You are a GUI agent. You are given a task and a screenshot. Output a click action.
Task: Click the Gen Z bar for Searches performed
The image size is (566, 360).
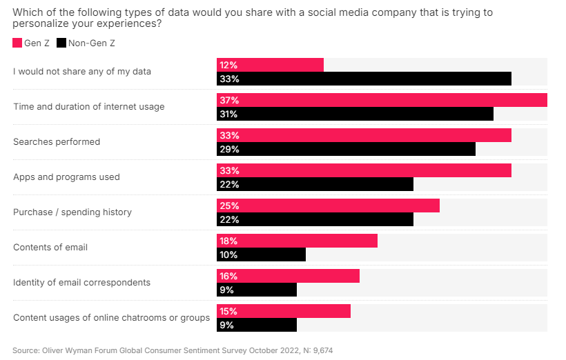[x=364, y=135]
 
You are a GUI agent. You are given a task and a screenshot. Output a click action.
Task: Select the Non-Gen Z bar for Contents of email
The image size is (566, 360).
[x=261, y=255]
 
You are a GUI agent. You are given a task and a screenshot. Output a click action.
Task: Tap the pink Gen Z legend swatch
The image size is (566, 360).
[x=17, y=43]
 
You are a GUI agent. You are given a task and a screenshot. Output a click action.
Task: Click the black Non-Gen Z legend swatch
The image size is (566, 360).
[x=61, y=43]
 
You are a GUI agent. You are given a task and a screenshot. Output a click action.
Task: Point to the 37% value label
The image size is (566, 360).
[x=229, y=100]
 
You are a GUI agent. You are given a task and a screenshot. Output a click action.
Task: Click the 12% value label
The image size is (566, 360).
[x=229, y=65]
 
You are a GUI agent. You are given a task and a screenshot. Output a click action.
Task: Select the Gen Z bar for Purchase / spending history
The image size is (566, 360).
[x=328, y=206]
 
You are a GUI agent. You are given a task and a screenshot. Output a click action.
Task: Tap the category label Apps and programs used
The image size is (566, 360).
[x=66, y=177]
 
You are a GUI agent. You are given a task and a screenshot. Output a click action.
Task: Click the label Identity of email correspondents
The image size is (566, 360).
[x=81, y=283]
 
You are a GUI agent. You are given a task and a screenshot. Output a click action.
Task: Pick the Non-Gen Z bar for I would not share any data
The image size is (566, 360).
[x=364, y=79]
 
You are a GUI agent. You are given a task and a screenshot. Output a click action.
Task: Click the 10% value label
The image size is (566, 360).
[x=229, y=255]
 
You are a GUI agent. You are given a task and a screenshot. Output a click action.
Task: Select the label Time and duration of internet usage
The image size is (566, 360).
[x=89, y=107]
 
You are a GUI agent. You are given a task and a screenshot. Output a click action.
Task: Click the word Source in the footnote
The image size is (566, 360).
[x=26, y=350]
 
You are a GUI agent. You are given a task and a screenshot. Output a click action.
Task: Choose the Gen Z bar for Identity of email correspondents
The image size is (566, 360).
[x=288, y=276]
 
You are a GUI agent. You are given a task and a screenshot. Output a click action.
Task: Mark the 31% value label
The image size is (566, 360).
[x=229, y=114]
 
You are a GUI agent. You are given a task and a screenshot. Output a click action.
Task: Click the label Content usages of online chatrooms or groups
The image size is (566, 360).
[x=111, y=318]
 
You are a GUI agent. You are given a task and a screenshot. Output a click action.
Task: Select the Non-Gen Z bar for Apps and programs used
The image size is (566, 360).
[x=315, y=184]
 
